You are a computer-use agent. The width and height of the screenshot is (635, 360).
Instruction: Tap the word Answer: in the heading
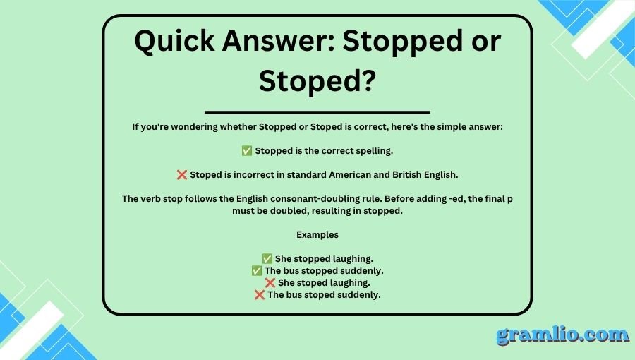pos(279,40)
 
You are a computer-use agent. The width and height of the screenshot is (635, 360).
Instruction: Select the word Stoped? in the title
pos(317,80)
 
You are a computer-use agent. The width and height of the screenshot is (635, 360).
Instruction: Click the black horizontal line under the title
pos(317,112)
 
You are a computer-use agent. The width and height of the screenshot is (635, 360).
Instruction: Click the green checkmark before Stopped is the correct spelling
pos(247,150)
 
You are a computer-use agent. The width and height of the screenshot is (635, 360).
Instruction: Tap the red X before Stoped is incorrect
pos(182,174)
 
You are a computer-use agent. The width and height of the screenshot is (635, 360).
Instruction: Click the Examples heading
pos(317,235)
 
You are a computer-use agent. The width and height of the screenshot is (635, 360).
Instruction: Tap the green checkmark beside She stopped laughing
pos(267,259)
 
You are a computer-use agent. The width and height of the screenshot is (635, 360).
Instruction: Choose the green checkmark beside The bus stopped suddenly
pos(257,270)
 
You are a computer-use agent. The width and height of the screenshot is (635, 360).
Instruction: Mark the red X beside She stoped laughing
pos(270,282)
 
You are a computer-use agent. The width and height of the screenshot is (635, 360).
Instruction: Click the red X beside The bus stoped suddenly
pos(260,295)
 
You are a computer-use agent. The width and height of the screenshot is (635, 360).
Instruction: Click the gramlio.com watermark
pos(562,335)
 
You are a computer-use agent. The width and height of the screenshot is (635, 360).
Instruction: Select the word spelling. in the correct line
pos(375,151)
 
